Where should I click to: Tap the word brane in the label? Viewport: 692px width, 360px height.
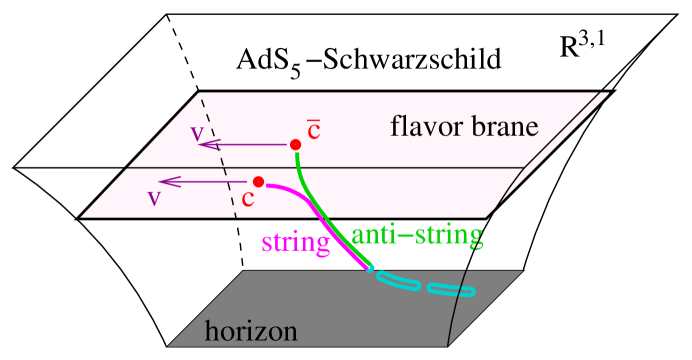coord(506,128)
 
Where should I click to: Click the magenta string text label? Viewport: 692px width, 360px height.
coord(295,243)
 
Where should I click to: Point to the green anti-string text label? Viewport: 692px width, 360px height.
coord(417,236)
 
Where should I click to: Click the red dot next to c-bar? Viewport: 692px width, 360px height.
coord(295,145)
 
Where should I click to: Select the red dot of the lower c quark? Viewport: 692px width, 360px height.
coord(258,181)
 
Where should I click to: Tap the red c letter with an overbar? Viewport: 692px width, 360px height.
coord(313,131)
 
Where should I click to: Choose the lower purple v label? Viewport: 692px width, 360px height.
coord(154,197)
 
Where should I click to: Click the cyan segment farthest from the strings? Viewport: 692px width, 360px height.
coord(452,291)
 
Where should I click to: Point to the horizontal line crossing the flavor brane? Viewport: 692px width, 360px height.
coord(400,167)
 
